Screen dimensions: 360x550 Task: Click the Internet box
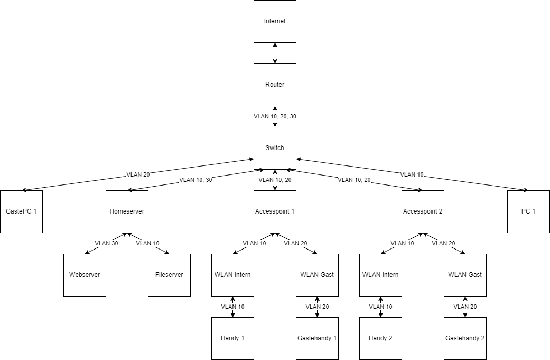coord(275,22)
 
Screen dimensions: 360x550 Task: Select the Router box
coord(275,85)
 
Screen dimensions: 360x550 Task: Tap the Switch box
coord(275,148)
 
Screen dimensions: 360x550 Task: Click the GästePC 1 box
coord(21,211)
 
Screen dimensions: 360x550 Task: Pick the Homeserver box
coord(127,211)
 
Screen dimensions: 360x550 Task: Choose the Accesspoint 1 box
coord(275,211)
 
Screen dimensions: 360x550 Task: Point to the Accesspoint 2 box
coord(423,211)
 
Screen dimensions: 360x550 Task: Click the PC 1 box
coord(528,211)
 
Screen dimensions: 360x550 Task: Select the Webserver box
coord(85,275)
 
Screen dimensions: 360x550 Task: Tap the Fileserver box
coord(169,275)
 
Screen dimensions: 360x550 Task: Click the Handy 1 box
coord(232,338)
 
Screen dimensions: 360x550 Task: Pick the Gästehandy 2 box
coord(465,338)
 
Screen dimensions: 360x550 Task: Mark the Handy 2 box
coord(380,338)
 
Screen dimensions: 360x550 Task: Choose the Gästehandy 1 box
coord(317,338)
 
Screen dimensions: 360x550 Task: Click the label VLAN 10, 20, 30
coord(275,116)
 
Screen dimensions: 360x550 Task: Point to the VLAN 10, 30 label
coord(196,180)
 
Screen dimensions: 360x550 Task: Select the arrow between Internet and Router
coord(275,53)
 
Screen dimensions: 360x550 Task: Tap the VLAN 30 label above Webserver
coord(106,243)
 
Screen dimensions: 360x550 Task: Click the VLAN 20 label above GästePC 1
coord(138,174)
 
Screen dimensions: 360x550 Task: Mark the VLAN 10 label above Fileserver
coord(147,243)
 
